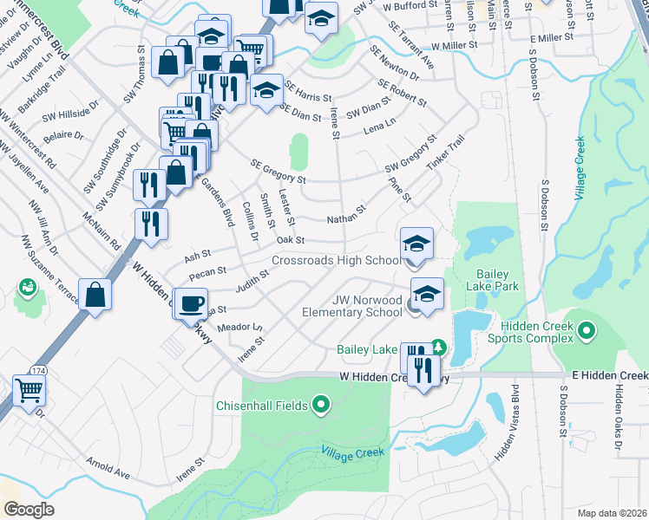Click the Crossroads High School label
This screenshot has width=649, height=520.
[x=335, y=260]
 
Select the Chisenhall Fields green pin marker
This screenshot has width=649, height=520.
[x=321, y=404]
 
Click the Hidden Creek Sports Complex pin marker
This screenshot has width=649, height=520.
[x=587, y=330]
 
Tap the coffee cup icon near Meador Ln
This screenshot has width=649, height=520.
[x=191, y=304]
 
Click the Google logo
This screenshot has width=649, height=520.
[x=29, y=509]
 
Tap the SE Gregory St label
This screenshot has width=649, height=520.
[x=278, y=171]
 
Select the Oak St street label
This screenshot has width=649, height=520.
[x=291, y=240]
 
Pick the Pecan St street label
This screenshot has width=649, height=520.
[x=208, y=274]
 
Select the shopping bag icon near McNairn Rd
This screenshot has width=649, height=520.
[x=95, y=293]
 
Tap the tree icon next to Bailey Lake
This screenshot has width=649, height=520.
[x=438, y=347]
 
